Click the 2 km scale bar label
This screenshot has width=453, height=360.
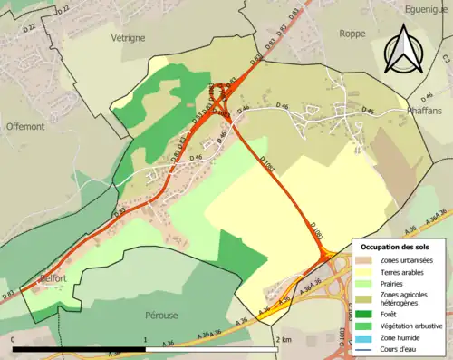coord(287,338)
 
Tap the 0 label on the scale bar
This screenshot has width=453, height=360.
coord(14,338)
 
